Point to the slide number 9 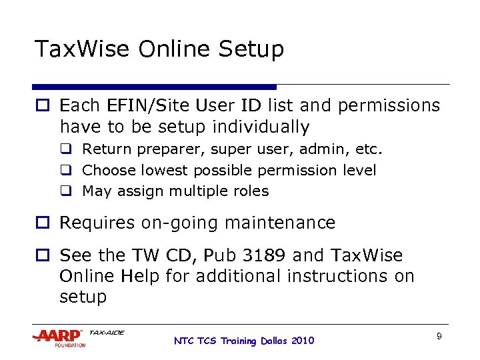(x=439, y=336)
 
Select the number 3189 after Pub (x=248, y=255)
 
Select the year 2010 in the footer (x=302, y=341)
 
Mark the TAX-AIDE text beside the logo (x=106, y=332)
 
